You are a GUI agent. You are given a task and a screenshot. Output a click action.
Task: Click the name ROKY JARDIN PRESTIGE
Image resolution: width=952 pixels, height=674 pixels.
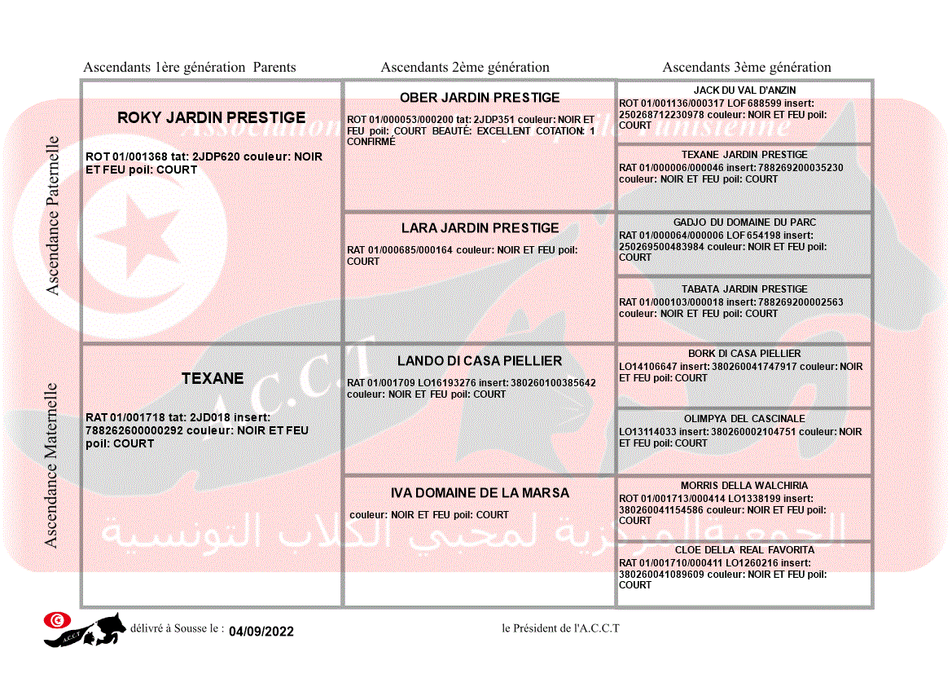click(x=212, y=118)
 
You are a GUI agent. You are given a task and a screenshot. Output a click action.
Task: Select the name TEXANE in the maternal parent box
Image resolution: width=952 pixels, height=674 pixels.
click(x=213, y=379)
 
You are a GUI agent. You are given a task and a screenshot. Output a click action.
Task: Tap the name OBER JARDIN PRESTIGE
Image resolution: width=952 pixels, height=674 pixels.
click(x=480, y=98)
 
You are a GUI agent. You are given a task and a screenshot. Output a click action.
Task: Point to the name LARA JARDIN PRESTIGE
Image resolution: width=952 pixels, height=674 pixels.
click(x=480, y=228)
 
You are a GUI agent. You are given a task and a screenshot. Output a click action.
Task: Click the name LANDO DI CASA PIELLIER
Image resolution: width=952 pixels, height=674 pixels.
click(x=480, y=361)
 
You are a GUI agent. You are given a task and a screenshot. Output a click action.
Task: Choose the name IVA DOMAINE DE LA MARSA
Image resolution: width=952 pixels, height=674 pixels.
click(x=480, y=493)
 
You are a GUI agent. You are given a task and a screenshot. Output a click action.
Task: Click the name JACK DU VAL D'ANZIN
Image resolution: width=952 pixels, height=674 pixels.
click(x=744, y=90)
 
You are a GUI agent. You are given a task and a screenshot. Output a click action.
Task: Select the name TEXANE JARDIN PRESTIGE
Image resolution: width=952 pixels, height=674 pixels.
click(x=744, y=155)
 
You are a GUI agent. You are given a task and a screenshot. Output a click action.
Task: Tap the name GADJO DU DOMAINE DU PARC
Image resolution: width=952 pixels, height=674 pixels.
click(x=744, y=222)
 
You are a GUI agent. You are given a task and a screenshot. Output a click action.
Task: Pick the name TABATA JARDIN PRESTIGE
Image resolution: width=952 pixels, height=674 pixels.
click(x=744, y=289)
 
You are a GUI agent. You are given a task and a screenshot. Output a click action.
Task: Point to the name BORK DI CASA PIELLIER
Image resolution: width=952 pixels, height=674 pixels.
click(x=744, y=354)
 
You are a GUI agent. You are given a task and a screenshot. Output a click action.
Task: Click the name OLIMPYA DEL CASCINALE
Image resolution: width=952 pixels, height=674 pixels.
click(x=744, y=419)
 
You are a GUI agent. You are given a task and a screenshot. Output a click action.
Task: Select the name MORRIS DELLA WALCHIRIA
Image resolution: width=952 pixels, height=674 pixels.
click(x=744, y=486)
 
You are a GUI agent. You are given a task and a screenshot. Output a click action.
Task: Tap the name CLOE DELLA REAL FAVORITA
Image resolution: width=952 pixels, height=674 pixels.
click(x=744, y=550)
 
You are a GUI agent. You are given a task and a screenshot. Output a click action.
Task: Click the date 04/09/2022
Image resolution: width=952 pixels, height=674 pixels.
click(x=261, y=632)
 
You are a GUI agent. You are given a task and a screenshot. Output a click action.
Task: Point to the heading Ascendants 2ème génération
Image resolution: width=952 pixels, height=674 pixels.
click(x=465, y=68)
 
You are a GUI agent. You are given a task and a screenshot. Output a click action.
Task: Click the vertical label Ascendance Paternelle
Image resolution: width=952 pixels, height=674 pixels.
click(x=53, y=215)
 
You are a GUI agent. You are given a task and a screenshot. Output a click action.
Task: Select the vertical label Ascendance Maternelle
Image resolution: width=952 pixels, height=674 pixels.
click(x=51, y=465)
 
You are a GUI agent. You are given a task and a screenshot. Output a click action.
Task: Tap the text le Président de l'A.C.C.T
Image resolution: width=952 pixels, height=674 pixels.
click(x=560, y=628)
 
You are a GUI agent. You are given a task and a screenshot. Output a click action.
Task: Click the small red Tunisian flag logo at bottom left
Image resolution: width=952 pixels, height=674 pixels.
click(x=57, y=620)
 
